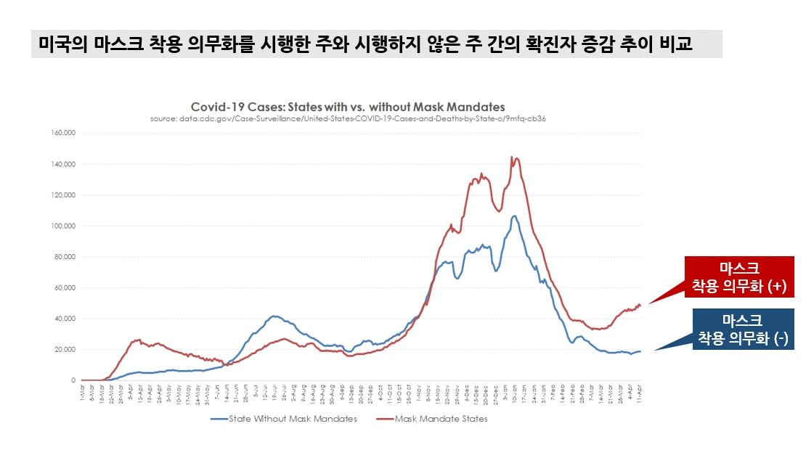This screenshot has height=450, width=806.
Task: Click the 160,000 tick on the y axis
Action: (x=64, y=133)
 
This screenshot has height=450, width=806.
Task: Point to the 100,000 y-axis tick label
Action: (x=64, y=226)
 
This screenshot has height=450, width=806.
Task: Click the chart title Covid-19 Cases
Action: (x=348, y=107)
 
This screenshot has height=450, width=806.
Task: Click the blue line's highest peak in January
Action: (x=514, y=216)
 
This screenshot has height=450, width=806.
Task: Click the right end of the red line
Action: (x=640, y=305)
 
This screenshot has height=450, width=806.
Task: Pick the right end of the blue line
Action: (x=640, y=351)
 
